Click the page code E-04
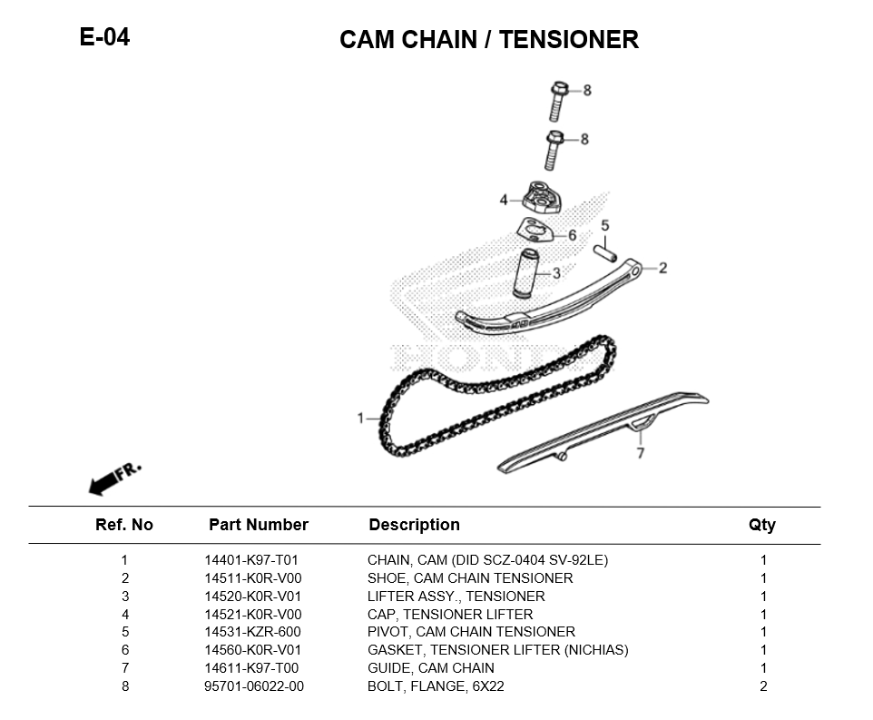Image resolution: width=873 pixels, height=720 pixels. pos(105,37)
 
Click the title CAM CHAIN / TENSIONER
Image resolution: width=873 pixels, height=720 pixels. pos(488,40)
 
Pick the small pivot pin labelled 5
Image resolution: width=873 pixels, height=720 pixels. pos(605,248)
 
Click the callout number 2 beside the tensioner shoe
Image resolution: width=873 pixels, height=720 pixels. pos(662,268)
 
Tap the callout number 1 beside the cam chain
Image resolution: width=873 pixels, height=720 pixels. pos(360,419)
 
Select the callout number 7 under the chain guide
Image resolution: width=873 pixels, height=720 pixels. pos(640,452)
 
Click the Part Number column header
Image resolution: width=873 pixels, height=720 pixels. pos(259,525)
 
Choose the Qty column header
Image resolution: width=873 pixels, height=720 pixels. pos(762,525)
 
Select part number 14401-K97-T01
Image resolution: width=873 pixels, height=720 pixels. pos(251,560)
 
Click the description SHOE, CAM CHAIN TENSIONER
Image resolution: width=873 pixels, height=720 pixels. pos(470,578)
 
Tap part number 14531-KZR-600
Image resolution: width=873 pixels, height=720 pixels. pos(252,632)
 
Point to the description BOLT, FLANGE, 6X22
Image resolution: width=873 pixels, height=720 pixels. pos(436,686)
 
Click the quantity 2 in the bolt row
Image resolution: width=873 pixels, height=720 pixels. pos(763,686)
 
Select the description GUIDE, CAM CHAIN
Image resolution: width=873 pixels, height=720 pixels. pos(430,668)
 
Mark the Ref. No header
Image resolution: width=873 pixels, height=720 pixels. pos(124,525)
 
